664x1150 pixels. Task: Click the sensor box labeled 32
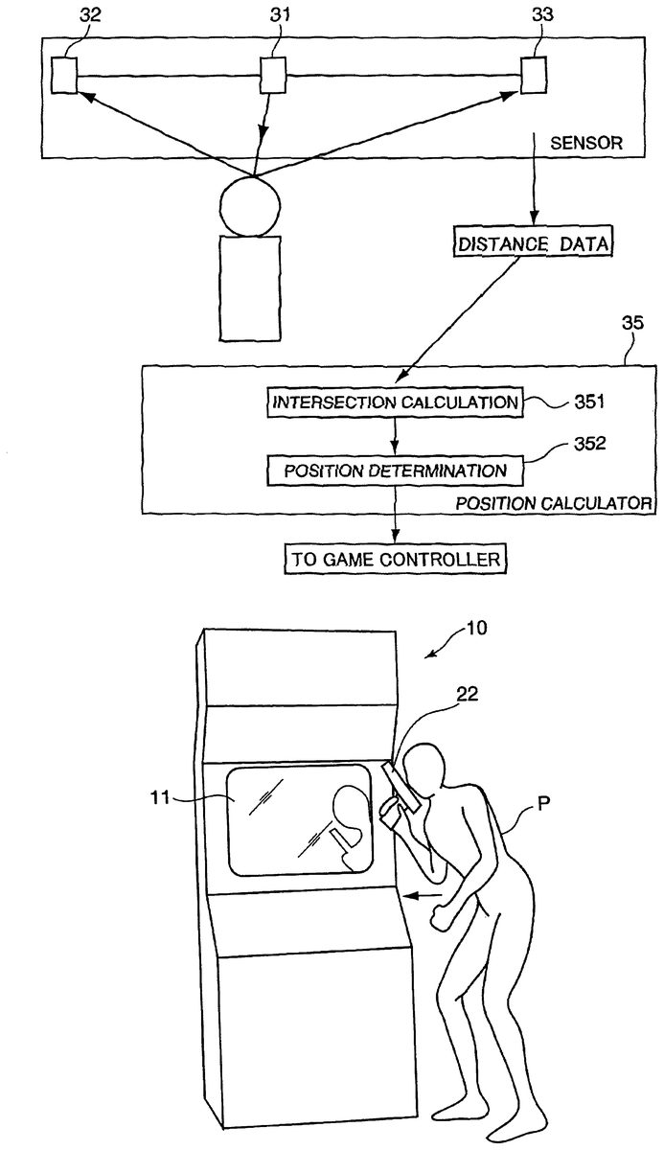pos(64,75)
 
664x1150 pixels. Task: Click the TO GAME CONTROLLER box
pos(396,559)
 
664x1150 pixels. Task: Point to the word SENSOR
pos(587,144)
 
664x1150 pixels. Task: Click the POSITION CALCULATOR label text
pos(554,502)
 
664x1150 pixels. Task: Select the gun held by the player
pos(400,790)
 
